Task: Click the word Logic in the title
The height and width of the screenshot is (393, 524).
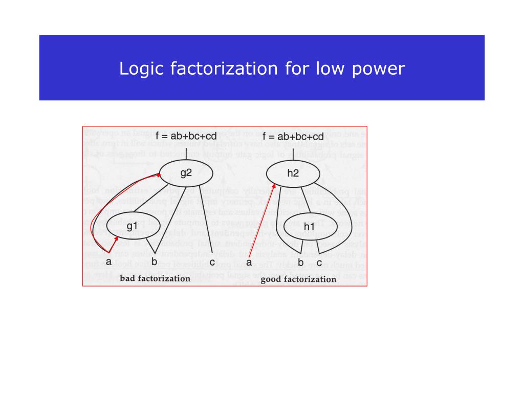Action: coord(137,69)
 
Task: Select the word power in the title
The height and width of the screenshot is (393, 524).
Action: coord(379,69)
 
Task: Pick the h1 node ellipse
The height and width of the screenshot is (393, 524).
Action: coord(309,226)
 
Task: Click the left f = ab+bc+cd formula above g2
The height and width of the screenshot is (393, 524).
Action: coord(186,137)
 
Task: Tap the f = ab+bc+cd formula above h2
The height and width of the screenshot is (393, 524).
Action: coord(293,137)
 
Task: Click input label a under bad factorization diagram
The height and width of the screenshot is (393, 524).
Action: coord(108,262)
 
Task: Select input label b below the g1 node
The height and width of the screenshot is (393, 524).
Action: coord(154,263)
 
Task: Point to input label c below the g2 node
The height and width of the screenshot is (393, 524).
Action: coord(212,263)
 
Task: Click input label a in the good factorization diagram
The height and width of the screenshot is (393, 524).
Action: coord(249,263)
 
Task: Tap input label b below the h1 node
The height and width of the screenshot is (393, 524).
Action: coord(301,263)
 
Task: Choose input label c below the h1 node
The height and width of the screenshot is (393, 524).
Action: coord(318,263)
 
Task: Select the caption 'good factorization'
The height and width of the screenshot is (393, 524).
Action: coord(298,279)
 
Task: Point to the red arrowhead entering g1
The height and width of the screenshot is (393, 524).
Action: coord(118,238)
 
